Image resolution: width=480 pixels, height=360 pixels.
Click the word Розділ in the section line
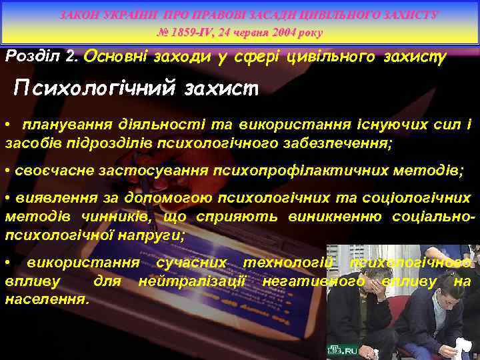click(35, 57)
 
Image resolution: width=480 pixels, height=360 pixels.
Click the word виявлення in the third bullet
click(51, 199)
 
